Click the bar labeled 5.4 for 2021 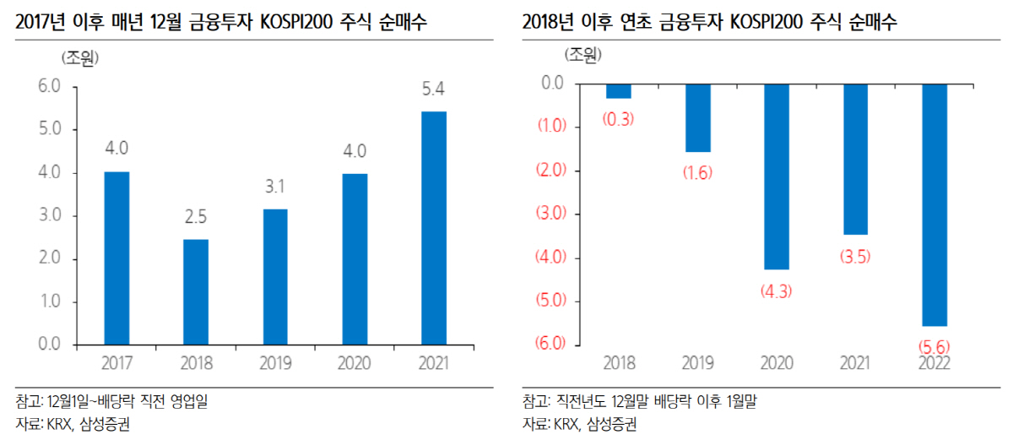click(434, 228)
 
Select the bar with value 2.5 click(196, 291)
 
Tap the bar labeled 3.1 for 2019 click(275, 276)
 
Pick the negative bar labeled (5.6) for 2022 click(934, 204)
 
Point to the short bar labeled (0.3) click(618, 90)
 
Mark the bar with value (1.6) click(697, 117)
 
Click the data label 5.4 click(434, 89)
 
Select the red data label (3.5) click(855, 257)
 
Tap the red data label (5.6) click(934, 346)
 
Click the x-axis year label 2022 click(934, 364)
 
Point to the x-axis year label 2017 click(116, 364)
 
